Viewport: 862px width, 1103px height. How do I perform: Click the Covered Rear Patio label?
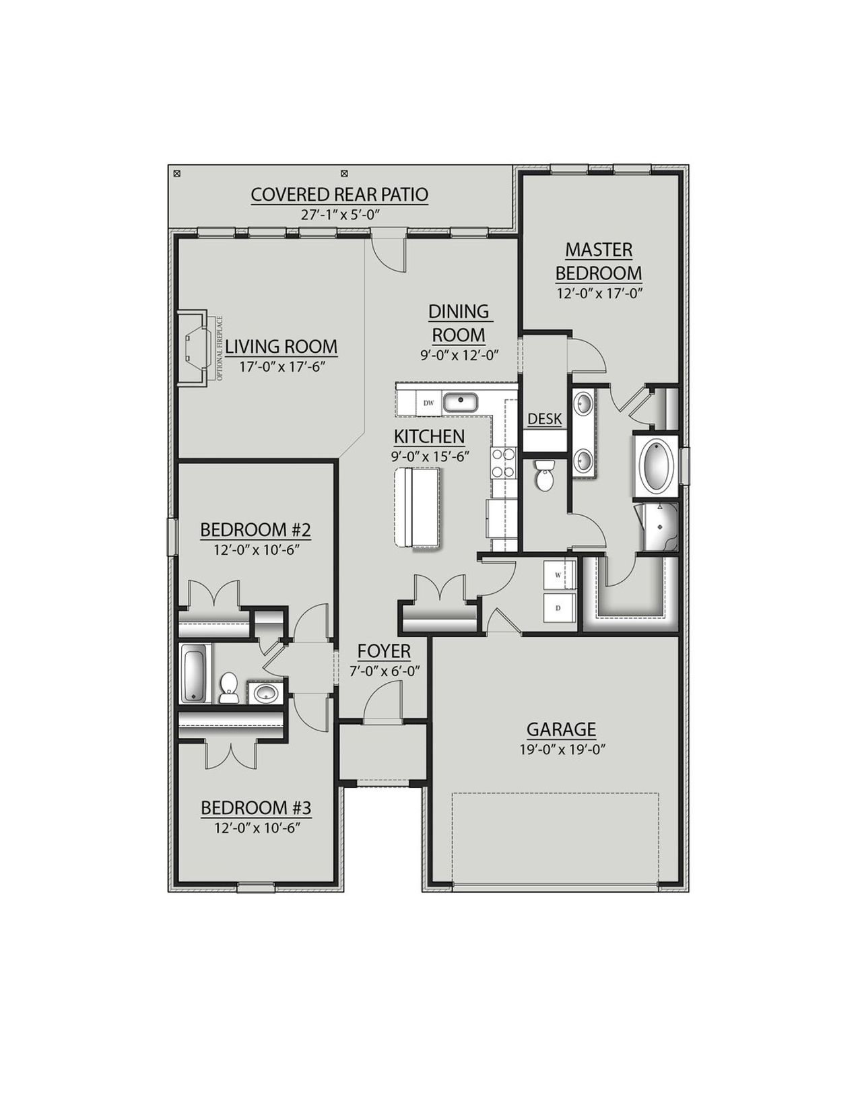339,195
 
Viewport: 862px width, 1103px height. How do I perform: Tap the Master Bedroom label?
598,261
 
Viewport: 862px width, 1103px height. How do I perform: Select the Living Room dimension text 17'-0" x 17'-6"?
280,367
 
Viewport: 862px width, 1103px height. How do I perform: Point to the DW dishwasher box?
428,403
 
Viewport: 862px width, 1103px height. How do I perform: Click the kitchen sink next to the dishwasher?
461,403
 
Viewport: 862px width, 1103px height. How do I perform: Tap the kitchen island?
419,507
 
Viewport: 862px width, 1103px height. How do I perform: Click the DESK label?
544,419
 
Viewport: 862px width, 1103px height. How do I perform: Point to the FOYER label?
384,651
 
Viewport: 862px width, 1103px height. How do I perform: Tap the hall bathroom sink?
265,692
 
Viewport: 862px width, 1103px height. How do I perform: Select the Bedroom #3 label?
256,807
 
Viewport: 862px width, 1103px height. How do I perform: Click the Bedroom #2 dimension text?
256,549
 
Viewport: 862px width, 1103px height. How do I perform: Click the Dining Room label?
459,323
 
